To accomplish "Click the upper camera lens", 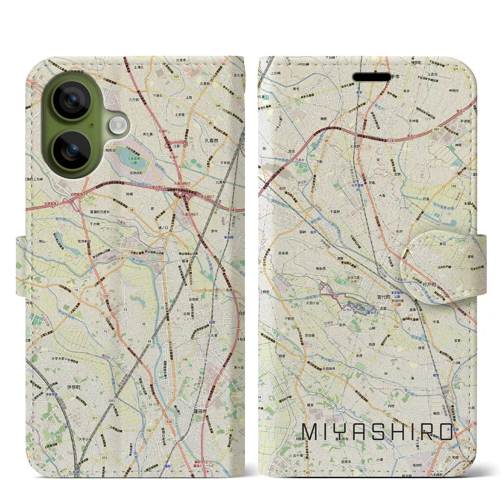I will coord(72,100).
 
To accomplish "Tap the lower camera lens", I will coord(72,150).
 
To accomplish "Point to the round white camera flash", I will coord(117,126).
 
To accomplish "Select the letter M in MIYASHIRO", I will coord(310,432).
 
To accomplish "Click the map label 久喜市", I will coord(211,140).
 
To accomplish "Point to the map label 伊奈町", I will coord(73,387).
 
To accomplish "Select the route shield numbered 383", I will coord(436,129).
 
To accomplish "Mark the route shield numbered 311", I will coord(94,418).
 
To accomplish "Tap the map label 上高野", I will coord(355,146).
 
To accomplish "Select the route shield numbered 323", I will coord(104,458).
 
